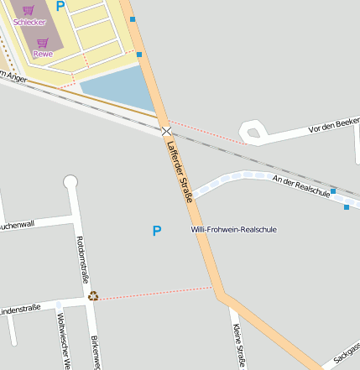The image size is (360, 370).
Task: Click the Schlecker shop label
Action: click(x=29, y=22)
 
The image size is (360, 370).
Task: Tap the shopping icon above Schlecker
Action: click(x=29, y=10)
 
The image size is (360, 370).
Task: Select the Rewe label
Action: click(x=42, y=54)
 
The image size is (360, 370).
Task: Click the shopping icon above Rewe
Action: click(x=42, y=42)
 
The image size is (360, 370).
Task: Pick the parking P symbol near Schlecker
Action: click(x=60, y=6)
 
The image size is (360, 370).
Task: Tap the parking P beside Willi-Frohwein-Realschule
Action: click(x=156, y=231)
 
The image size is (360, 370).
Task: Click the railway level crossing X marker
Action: click(x=167, y=132)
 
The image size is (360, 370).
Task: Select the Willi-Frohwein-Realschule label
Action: click(x=233, y=229)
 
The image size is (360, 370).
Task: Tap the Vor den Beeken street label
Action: click(x=334, y=126)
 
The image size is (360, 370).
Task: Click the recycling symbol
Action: click(x=93, y=295)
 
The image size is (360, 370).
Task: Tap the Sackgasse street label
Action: click(x=347, y=352)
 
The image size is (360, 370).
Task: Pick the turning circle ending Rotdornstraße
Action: click(x=70, y=181)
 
